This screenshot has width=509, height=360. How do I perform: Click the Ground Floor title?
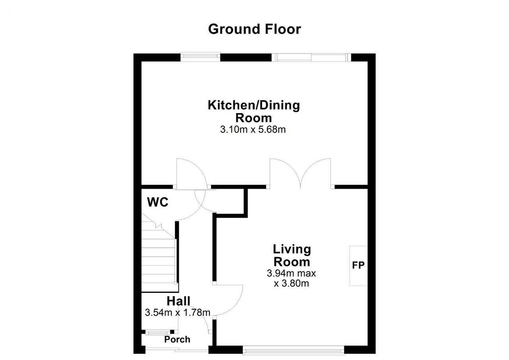[254, 29]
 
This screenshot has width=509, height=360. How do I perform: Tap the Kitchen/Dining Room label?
[254, 112]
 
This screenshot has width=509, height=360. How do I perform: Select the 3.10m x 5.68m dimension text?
[253, 130]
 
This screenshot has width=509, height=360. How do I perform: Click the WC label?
[158, 202]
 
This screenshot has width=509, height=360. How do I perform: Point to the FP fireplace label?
[358, 265]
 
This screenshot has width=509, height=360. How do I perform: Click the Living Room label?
[292, 255]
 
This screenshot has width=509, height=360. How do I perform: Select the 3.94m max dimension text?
[291, 273]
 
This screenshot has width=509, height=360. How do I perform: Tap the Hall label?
[179, 301]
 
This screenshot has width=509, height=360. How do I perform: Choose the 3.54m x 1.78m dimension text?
[177, 313]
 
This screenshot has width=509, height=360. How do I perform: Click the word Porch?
[177, 339]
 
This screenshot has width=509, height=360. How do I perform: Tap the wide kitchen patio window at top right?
[311, 57]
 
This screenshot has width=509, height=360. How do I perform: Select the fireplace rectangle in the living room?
[359, 266]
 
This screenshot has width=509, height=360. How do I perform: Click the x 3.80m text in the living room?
[291, 284]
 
